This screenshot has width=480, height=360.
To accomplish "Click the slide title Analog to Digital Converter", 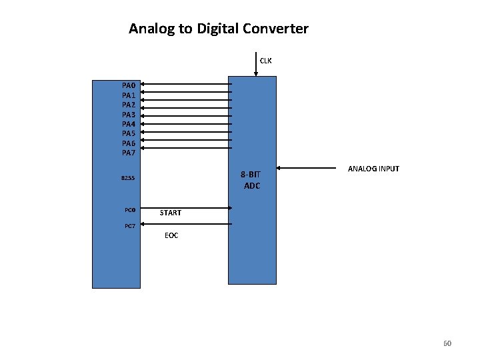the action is (x=219, y=29).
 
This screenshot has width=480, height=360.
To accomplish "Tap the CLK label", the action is (x=265, y=61).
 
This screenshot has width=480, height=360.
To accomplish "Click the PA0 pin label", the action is (x=129, y=86).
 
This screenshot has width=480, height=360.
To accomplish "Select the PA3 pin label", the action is (x=129, y=115).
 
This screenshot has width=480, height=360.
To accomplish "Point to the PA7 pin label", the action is (x=129, y=153).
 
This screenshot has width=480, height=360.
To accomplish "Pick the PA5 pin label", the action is (x=129, y=133).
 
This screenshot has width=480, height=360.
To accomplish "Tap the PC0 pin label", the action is (x=131, y=211).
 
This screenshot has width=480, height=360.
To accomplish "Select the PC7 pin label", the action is (x=131, y=227).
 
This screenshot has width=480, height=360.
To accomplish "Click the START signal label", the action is (x=171, y=213).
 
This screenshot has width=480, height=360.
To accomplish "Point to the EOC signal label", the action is (x=171, y=235).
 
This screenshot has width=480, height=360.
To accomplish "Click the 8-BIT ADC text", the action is (x=251, y=180).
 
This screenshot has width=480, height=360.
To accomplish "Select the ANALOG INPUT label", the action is (x=373, y=169).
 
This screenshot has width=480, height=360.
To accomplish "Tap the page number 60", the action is (x=447, y=343).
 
